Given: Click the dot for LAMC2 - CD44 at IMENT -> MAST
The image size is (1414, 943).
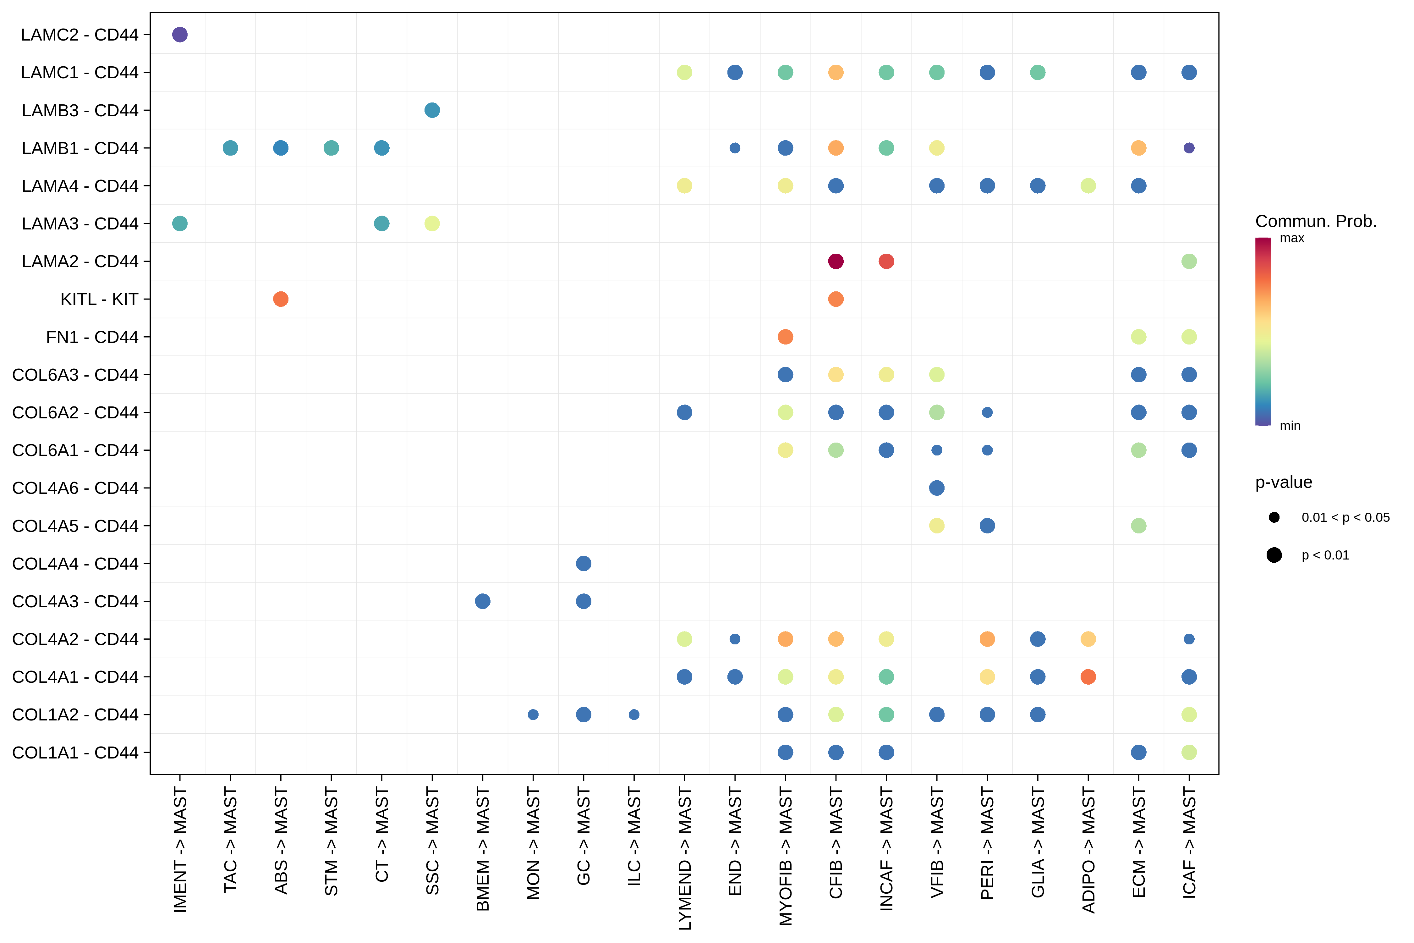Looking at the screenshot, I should [x=180, y=35].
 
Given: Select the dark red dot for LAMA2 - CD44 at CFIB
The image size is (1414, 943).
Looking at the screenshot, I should [x=836, y=261].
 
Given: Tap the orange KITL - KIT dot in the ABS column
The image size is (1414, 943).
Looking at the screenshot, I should [x=281, y=299].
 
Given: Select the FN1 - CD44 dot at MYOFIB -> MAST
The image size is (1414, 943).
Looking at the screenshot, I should [x=785, y=337].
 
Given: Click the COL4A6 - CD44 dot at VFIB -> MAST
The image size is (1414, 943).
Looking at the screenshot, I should [x=937, y=488].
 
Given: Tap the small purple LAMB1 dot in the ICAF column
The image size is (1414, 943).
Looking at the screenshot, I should [x=1189, y=148].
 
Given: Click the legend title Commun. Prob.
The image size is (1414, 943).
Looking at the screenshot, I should [x=1315, y=221].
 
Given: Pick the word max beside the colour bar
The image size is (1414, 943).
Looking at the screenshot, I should [x=1292, y=238].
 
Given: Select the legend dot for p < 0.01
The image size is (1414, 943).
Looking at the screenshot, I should [x=1274, y=555].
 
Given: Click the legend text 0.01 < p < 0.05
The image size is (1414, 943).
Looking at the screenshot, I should [x=1345, y=517].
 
